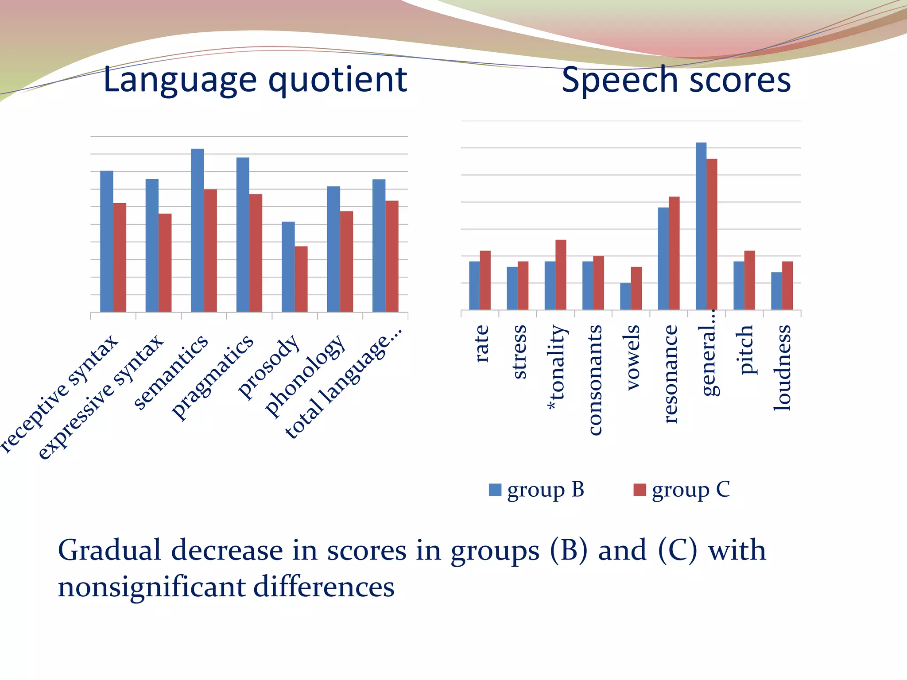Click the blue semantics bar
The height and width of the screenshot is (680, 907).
[197, 230]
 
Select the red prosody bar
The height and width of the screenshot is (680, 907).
[301, 279]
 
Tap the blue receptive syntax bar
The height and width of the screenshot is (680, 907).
[107, 241]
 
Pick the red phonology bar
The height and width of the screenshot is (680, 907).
[346, 261]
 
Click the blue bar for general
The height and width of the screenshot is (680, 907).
[701, 226]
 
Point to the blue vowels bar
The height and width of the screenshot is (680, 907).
[625, 296]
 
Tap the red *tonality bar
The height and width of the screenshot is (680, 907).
[561, 274]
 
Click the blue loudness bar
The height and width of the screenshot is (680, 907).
[776, 291]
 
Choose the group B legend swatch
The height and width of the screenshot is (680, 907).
[495, 490]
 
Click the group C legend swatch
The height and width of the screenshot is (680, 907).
[640, 490]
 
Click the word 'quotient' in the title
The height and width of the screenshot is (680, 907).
[338, 80]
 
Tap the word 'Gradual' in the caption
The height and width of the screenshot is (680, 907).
[109, 550]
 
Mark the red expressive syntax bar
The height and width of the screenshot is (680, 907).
[165, 263]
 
